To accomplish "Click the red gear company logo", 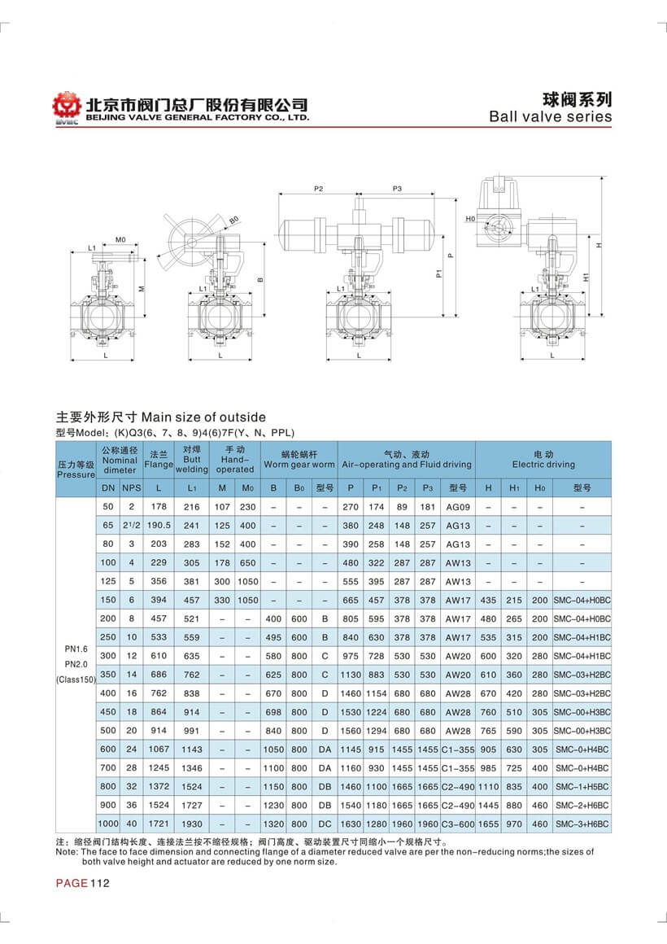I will (67, 108).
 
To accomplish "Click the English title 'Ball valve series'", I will (550, 116).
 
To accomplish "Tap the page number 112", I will (99, 884).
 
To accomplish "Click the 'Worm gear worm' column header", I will (299, 465).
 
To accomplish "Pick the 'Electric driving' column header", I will (543, 465).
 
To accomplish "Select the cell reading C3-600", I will (458, 824).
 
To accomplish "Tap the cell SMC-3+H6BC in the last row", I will (582, 824).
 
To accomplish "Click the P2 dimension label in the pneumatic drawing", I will (319, 189).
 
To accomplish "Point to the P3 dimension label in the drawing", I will (398, 189).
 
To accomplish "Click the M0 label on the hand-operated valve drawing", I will (120, 240).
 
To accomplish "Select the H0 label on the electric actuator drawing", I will (471, 220).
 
